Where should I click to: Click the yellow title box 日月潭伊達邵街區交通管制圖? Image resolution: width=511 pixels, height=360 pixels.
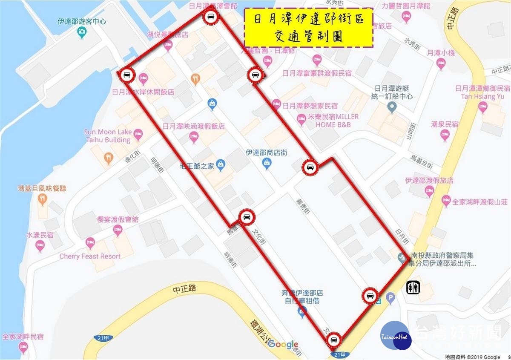point(309,27)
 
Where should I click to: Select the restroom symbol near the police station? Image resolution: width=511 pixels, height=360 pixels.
point(413,288)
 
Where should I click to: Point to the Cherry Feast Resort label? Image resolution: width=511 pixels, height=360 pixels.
point(89,256)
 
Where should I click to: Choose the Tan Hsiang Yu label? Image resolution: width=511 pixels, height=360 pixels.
point(482,96)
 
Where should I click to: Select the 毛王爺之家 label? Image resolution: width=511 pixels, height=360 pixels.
point(196,166)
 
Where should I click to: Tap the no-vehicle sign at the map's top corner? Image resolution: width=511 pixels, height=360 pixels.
point(211,17)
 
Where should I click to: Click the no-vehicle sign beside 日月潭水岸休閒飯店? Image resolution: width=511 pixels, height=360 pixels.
point(127,75)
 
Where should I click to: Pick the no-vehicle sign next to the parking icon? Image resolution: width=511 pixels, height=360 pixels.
point(370,296)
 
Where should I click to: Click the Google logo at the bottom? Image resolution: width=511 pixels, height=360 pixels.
point(283,344)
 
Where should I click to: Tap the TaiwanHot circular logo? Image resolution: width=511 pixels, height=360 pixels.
point(396,336)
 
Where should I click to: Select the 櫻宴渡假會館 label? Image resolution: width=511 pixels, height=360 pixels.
point(118,219)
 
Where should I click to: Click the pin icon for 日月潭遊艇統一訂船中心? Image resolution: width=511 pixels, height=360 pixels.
point(392,108)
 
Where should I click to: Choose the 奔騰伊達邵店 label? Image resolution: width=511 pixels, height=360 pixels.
point(302,293)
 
